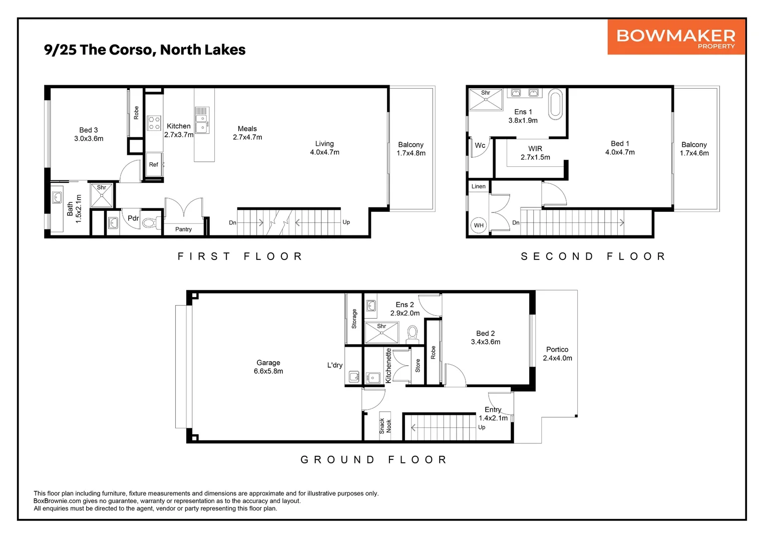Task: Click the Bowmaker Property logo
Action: click(x=676, y=37)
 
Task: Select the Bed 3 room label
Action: click(x=89, y=130)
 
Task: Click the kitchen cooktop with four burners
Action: click(x=154, y=123)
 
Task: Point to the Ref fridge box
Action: click(x=154, y=165)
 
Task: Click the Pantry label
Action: click(x=183, y=229)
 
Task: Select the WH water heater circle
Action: click(x=479, y=225)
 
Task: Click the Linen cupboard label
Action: click(x=478, y=186)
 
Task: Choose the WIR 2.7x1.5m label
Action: click(x=535, y=153)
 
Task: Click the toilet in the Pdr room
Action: click(x=150, y=223)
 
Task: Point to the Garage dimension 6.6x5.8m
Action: click(x=268, y=371)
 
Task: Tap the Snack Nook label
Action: click(x=385, y=426)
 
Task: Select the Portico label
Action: click(x=557, y=349)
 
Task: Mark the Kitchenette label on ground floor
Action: click(x=389, y=365)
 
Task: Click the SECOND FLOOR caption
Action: click(x=593, y=256)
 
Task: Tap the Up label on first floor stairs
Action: click(x=346, y=222)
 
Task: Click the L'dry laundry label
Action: click(x=334, y=365)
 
